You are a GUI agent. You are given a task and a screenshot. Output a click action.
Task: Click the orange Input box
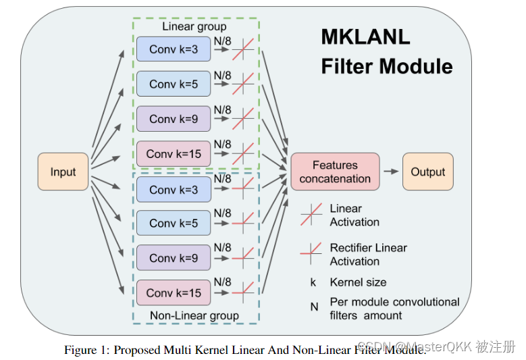pos(63,172)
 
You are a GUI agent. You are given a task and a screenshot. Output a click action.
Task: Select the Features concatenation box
pos(335,172)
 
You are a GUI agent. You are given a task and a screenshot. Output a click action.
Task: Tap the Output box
pos(428,172)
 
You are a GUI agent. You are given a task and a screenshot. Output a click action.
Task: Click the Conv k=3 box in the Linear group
pos(174,49)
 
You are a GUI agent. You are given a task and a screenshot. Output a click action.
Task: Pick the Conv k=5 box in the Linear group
pos(174,84)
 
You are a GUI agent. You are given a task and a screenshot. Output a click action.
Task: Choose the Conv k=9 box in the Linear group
pos(174,118)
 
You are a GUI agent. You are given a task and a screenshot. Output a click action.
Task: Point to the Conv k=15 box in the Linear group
pos(174,154)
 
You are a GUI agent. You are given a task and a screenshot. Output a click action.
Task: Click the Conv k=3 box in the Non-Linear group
pos(174,190)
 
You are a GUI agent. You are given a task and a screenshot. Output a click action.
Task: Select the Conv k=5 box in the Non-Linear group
pos(174,223)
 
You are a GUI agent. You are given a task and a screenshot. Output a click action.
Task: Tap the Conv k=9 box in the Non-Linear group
pos(174,258)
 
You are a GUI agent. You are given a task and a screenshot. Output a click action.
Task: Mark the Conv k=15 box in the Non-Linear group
pos(174,292)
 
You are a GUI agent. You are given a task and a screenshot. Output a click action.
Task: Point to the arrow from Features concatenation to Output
pos(391,172)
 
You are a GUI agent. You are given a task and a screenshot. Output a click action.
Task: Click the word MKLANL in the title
pos(365,37)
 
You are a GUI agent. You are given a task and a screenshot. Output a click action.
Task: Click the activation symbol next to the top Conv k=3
pos(243,50)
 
